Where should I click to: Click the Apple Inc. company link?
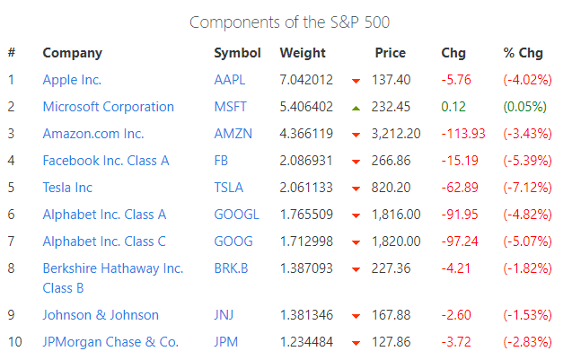point(72,80)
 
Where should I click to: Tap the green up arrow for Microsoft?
point(356,108)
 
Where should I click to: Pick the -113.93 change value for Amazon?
point(463,134)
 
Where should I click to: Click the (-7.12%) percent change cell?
point(527,188)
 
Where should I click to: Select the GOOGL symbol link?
point(236,215)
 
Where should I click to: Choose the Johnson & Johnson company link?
point(101,315)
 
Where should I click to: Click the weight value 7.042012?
point(306,80)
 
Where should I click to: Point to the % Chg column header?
point(524,53)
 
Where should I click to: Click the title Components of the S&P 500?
point(289,22)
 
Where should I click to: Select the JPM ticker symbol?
point(226,342)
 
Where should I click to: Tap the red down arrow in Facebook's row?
point(356,162)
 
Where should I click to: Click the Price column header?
point(391,53)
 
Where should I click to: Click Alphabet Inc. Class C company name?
point(104,241)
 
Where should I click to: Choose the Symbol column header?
point(237,53)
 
